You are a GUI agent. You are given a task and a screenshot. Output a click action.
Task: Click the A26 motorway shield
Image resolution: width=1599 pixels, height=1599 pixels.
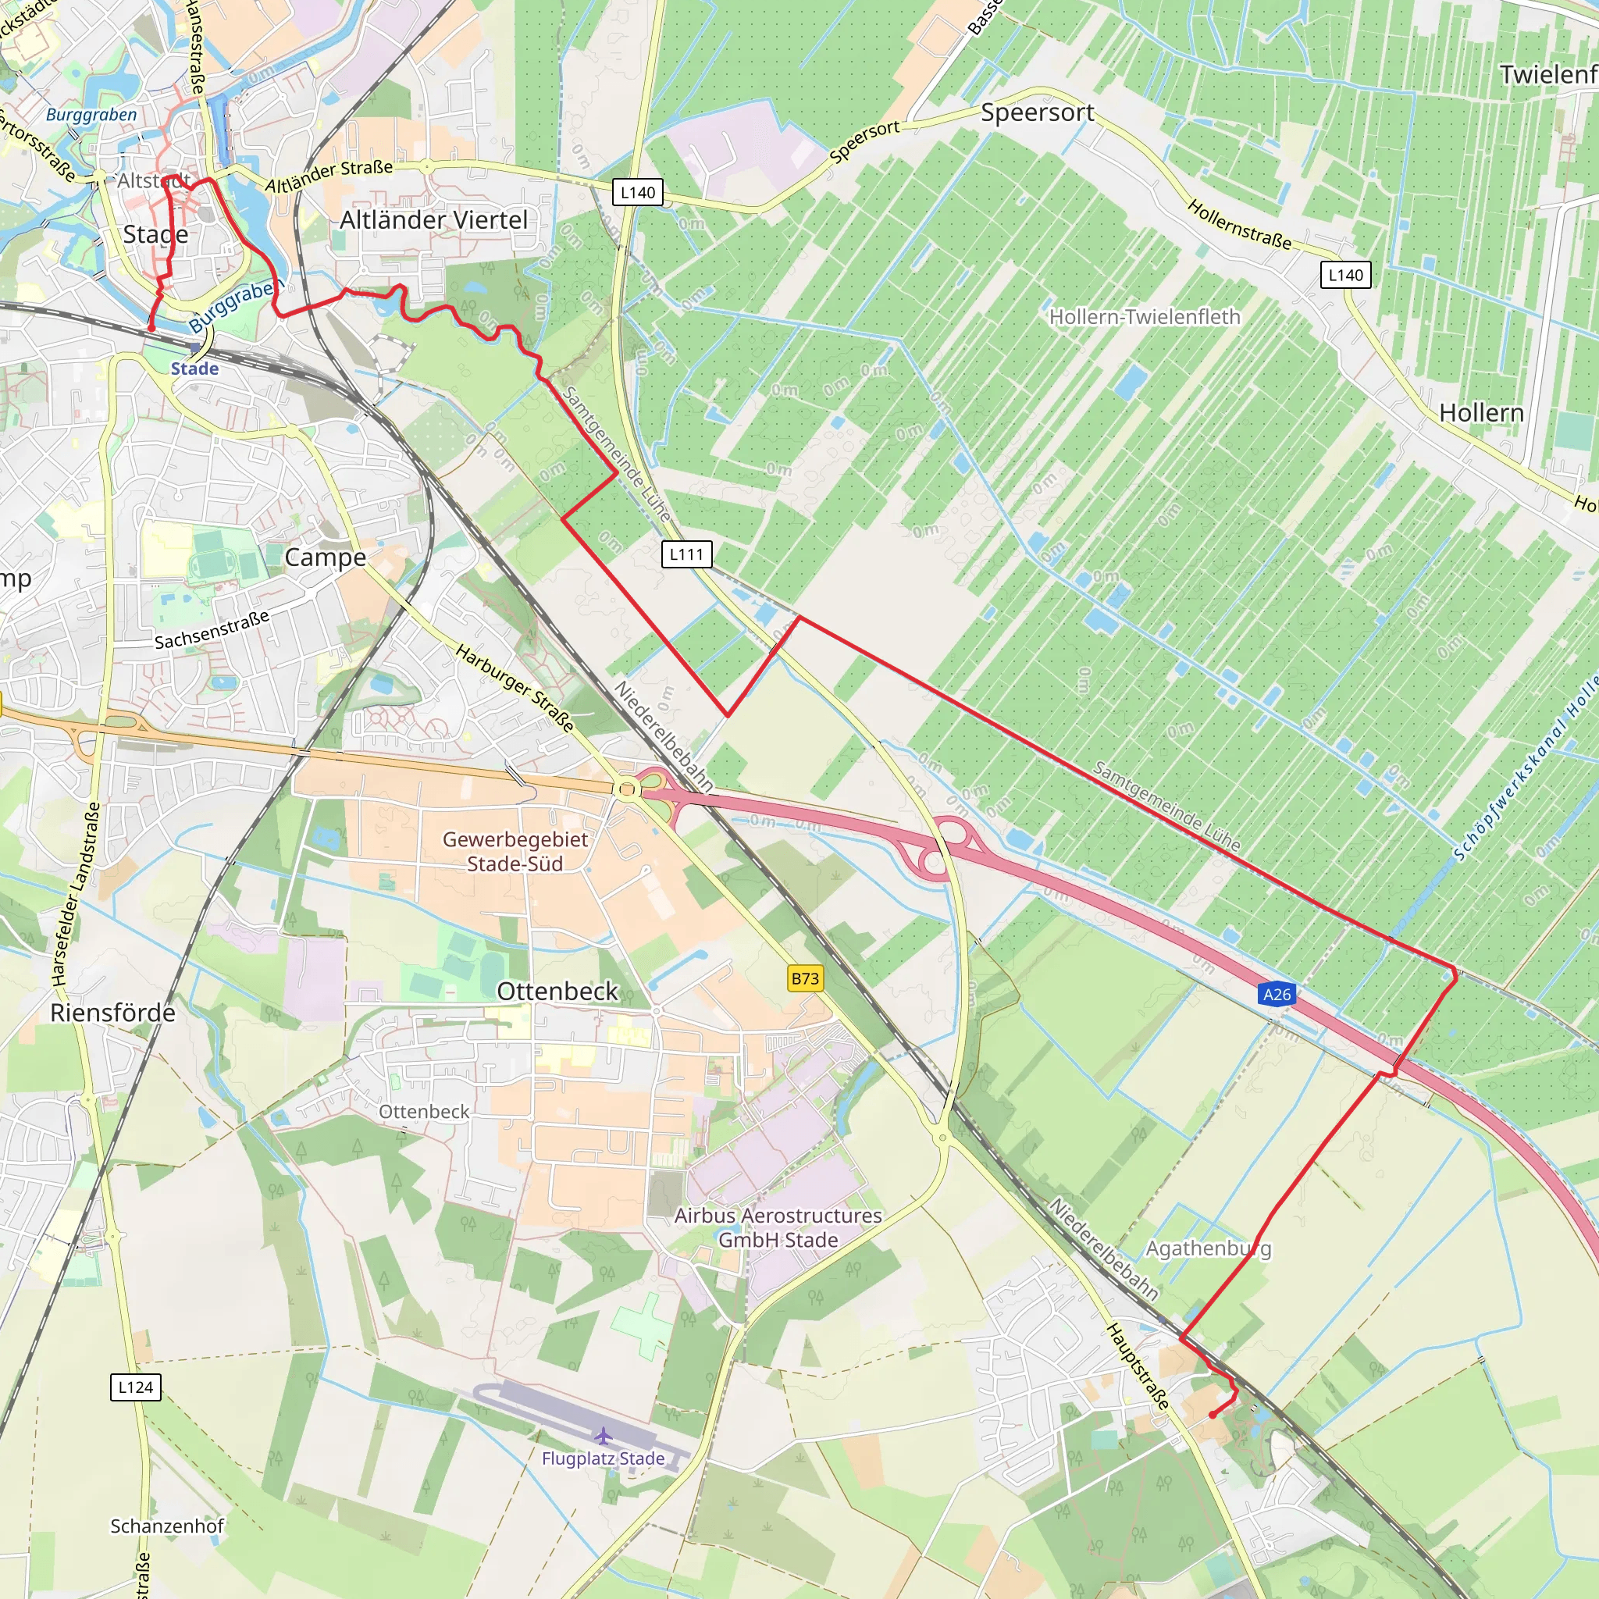[1277, 994]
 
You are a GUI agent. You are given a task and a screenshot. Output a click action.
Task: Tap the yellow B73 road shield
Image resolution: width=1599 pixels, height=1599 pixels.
[804, 979]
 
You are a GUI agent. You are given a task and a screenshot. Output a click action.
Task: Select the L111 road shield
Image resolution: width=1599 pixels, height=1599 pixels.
[686, 554]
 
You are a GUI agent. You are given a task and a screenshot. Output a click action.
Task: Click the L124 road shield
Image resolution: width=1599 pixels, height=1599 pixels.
[135, 1387]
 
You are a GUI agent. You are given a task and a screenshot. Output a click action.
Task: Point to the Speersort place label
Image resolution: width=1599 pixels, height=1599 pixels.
[1037, 112]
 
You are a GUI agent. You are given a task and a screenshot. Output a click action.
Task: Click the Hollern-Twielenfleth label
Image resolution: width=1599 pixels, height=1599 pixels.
[1145, 317]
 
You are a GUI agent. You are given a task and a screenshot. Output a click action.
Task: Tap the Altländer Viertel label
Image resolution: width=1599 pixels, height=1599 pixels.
[433, 220]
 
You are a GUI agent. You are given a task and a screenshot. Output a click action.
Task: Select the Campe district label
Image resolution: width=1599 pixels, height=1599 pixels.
[326, 557]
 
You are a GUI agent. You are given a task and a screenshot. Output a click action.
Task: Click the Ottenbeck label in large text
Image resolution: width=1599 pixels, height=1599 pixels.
[557, 991]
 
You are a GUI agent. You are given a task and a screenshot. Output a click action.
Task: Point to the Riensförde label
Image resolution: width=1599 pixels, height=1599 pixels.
[112, 1012]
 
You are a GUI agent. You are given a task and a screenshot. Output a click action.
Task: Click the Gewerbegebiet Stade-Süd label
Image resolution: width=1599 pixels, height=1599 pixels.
[515, 851]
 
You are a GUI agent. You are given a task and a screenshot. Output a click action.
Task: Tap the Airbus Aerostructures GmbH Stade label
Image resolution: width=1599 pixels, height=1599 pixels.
[778, 1227]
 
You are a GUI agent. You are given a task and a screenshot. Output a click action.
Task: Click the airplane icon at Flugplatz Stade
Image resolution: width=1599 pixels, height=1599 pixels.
[604, 1435]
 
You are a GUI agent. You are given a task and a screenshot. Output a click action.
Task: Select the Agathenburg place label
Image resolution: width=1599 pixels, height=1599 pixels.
[1208, 1248]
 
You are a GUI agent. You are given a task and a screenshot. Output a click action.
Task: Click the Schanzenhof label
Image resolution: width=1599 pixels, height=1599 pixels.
[167, 1526]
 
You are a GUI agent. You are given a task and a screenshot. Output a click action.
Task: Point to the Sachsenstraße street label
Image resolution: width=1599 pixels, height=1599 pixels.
[212, 630]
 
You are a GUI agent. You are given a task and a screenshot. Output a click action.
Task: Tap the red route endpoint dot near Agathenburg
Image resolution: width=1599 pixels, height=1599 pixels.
[1213, 1415]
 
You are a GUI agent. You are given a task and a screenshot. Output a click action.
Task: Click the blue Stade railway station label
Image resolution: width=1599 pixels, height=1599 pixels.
[194, 369]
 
